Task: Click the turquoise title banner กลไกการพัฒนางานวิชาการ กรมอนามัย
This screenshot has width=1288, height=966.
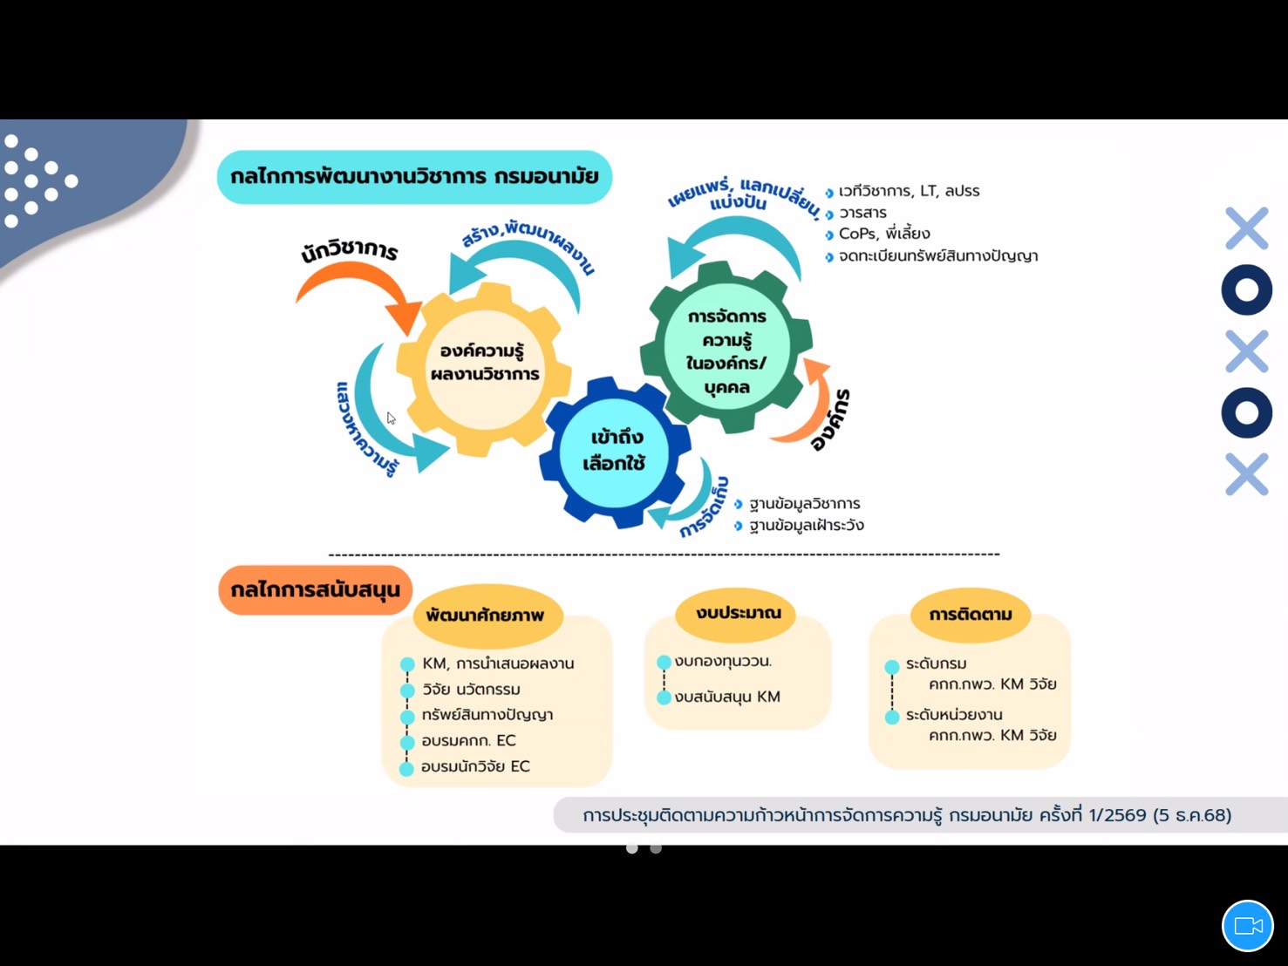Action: coord(414,177)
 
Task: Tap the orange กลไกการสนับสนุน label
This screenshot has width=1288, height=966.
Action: coord(315,590)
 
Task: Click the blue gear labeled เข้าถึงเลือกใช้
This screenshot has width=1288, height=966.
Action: coord(616,451)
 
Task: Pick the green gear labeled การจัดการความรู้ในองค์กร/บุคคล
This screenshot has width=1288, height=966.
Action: coord(726,350)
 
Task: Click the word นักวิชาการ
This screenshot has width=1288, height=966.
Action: coord(349,251)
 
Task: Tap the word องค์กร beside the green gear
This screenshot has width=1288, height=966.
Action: coord(830,420)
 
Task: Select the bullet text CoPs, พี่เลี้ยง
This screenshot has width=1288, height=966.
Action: coord(883,234)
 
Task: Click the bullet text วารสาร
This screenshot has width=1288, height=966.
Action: coord(862,213)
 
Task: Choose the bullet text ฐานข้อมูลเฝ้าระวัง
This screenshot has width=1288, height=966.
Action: coord(806,526)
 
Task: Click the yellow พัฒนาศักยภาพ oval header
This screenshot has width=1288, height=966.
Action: coord(486,616)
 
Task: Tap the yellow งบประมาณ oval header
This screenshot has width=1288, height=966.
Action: coord(738,613)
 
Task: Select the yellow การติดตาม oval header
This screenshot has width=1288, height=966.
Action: coord(970,615)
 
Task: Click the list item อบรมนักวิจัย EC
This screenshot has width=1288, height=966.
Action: coord(475,766)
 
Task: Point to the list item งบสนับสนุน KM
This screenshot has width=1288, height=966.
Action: coord(727,697)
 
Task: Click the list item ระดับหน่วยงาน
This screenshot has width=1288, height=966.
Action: coord(954,715)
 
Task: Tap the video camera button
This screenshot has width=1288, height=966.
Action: coord(1248,926)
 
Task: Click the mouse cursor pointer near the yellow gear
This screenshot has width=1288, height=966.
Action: coord(391,418)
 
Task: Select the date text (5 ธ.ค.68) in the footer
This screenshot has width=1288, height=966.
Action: coord(1192,815)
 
